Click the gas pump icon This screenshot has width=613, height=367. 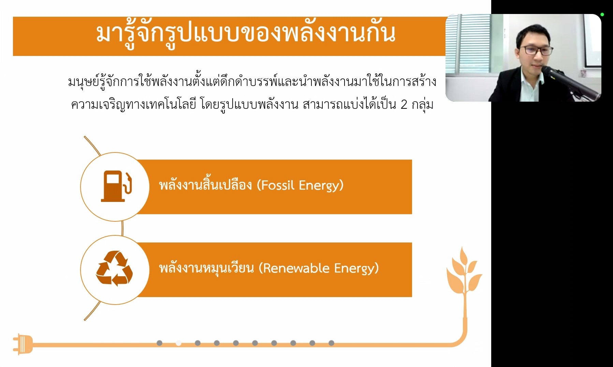(116, 186)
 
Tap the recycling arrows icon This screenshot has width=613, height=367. (114, 268)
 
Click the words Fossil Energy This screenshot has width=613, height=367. (300, 185)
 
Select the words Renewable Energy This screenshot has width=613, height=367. (319, 268)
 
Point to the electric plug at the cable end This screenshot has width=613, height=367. (23, 344)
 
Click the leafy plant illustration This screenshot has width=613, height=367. (464, 273)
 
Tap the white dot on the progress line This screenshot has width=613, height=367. (178, 343)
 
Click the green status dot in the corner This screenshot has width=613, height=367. (602, 14)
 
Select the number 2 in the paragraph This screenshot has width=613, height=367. (404, 105)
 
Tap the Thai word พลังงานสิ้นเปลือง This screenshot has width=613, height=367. (205, 185)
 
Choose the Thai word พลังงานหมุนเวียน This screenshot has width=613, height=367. (206, 268)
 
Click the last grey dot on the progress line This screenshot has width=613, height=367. (331, 343)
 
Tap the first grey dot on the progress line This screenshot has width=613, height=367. (159, 343)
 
